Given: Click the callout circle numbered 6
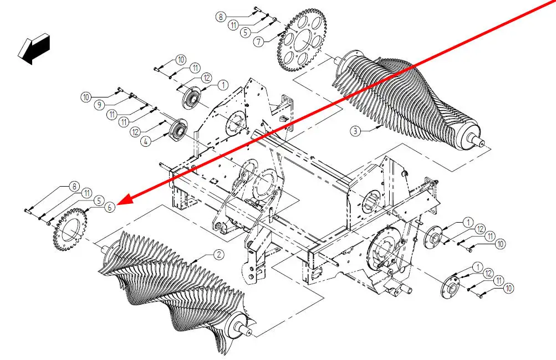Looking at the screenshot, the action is click(110, 207).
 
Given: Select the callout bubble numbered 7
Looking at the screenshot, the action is click(259, 42).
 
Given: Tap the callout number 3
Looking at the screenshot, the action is click(355, 131).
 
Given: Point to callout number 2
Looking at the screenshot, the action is click(219, 254).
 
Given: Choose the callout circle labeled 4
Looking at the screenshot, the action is click(145, 142).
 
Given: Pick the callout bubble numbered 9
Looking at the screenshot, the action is click(100, 105).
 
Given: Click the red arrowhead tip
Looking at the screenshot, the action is click(116, 205).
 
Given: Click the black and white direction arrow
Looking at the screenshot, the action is click(34, 49).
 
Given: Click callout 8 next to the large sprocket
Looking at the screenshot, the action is click(221, 17).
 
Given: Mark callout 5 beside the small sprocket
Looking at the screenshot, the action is click(99, 201).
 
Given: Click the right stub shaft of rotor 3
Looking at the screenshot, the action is click(483, 142).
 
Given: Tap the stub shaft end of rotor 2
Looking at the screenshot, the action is click(247, 331).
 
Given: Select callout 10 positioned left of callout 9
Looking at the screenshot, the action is click(86, 97).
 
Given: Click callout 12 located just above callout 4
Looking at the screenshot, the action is click(135, 132).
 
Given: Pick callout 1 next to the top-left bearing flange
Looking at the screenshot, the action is click(223, 85).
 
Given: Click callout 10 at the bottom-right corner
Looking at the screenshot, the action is click(509, 289).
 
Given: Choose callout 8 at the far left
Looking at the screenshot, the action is click(74, 187).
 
